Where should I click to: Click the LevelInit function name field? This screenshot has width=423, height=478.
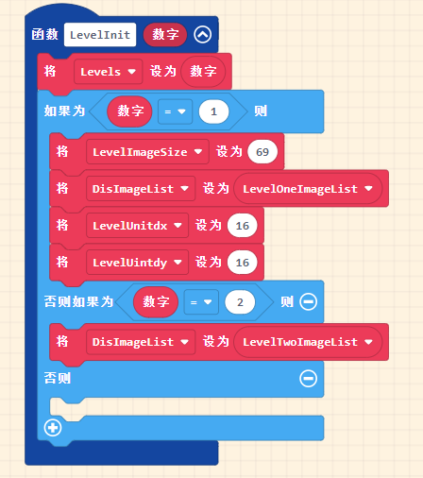tap(100, 35)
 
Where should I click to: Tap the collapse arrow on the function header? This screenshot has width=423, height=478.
tap(203, 34)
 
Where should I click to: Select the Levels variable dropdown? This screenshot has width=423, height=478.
tap(109, 72)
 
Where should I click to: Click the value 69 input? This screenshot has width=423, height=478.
tap(262, 152)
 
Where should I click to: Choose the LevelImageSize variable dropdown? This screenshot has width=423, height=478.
tap(147, 152)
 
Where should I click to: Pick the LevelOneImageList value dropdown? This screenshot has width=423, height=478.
tap(308, 189)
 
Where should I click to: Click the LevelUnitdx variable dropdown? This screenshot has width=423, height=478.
tap(137, 226)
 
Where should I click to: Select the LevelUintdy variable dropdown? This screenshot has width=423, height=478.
tap(137, 263)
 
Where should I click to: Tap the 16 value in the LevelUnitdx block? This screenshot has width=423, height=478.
tap(243, 226)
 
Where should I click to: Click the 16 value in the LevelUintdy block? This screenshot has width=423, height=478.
tap(243, 263)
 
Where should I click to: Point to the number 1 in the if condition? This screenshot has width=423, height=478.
tap(213, 111)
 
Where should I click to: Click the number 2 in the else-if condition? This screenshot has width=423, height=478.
tap(240, 302)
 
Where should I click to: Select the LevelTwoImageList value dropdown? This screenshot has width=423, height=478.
tap(308, 342)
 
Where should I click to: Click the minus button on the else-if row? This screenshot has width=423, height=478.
tap(309, 301)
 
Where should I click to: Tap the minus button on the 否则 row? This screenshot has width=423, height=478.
tap(309, 378)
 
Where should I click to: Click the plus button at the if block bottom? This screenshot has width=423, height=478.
tap(53, 428)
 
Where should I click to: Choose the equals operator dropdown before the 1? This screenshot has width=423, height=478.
tap(175, 111)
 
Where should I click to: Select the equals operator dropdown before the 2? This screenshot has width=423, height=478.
tap(201, 302)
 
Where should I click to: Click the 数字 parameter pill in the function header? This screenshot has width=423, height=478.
tap(165, 34)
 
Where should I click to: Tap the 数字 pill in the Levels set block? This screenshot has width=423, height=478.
tap(203, 72)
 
